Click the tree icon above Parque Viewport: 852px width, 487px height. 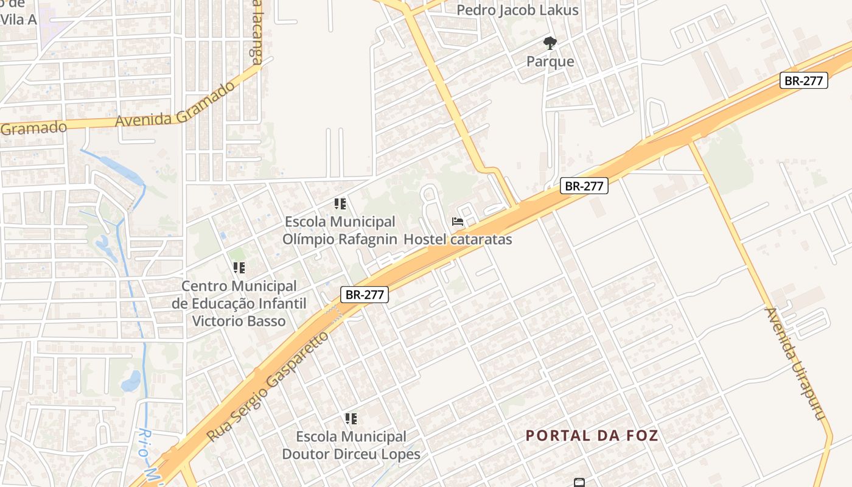[x=550, y=43]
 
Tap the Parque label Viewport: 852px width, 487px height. [x=550, y=61]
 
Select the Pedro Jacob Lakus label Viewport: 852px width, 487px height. [x=517, y=10]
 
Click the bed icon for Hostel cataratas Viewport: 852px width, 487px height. [x=458, y=222]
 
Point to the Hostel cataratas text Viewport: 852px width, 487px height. [x=458, y=239]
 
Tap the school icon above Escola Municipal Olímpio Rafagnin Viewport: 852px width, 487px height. [x=340, y=204]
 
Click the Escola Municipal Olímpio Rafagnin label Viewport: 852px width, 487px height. [x=340, y=231]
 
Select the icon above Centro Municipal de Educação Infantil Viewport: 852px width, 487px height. [x=239, y=267]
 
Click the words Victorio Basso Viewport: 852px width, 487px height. [x=239, y=321]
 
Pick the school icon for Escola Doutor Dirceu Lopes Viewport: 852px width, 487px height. [x=351, y=419]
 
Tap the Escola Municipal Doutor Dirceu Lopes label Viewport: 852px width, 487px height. [x=351, y=446]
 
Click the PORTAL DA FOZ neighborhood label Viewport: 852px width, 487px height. [x=592, y=436]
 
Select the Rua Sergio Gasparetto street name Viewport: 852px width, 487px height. [x=268, y=387]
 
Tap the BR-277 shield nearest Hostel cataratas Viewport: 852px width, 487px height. [x=584, y=186]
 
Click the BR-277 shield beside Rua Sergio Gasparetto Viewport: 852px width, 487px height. [x=364, y=295]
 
